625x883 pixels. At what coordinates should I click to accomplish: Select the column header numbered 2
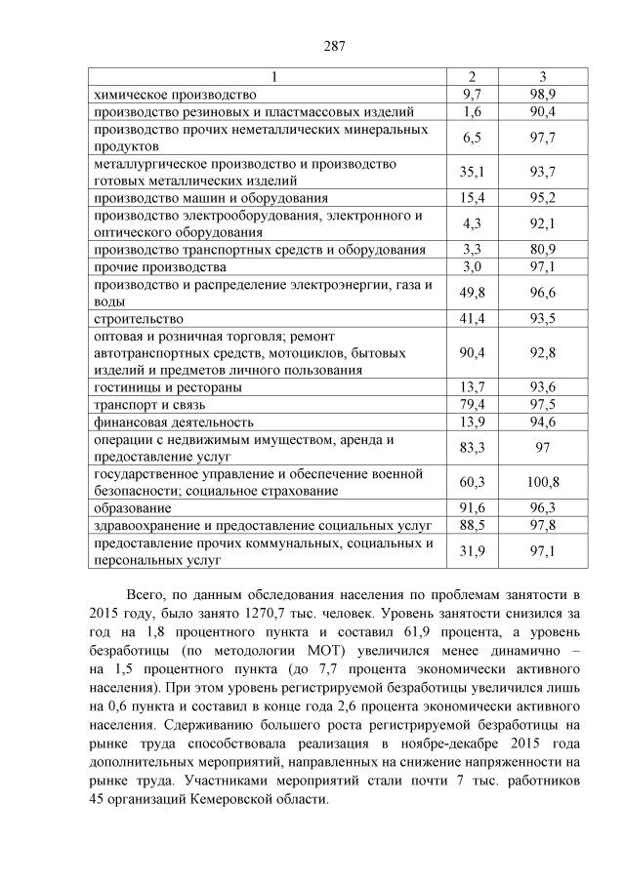point(472,77)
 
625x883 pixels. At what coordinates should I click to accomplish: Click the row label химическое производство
point(174,95)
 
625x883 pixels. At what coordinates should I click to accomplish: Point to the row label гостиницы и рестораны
point(166,387)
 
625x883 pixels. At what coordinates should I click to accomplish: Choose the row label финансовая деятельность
point(173,421)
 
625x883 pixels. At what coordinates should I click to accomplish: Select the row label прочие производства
point(159,266)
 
